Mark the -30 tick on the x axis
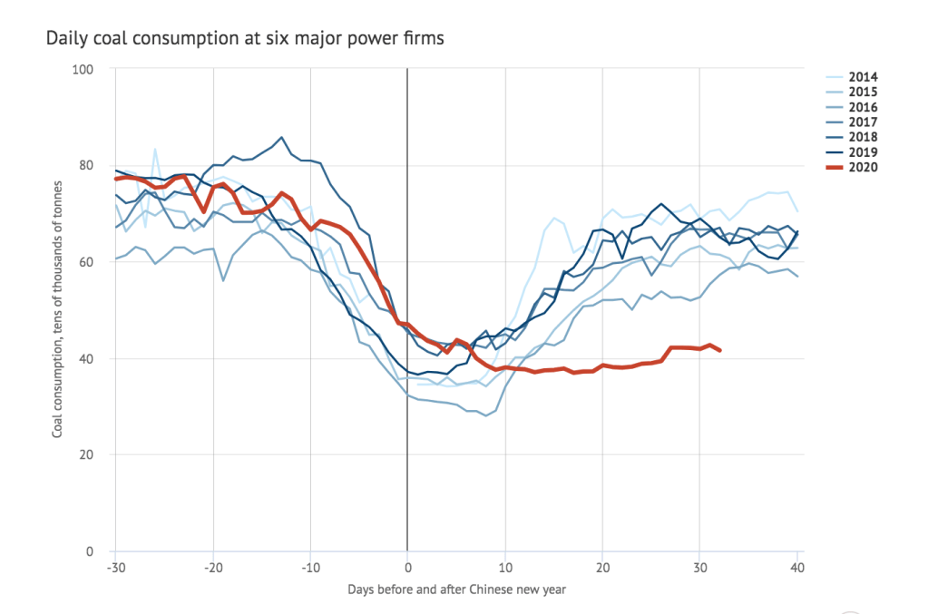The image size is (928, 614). point(115,567)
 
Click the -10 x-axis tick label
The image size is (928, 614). point(309,567)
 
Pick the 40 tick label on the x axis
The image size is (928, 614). point(797,567)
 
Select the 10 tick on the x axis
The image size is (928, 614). point(504,567)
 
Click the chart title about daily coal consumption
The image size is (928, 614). point(244,39)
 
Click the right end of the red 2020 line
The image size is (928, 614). point(720,350)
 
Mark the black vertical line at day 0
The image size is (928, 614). point(407,227)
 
